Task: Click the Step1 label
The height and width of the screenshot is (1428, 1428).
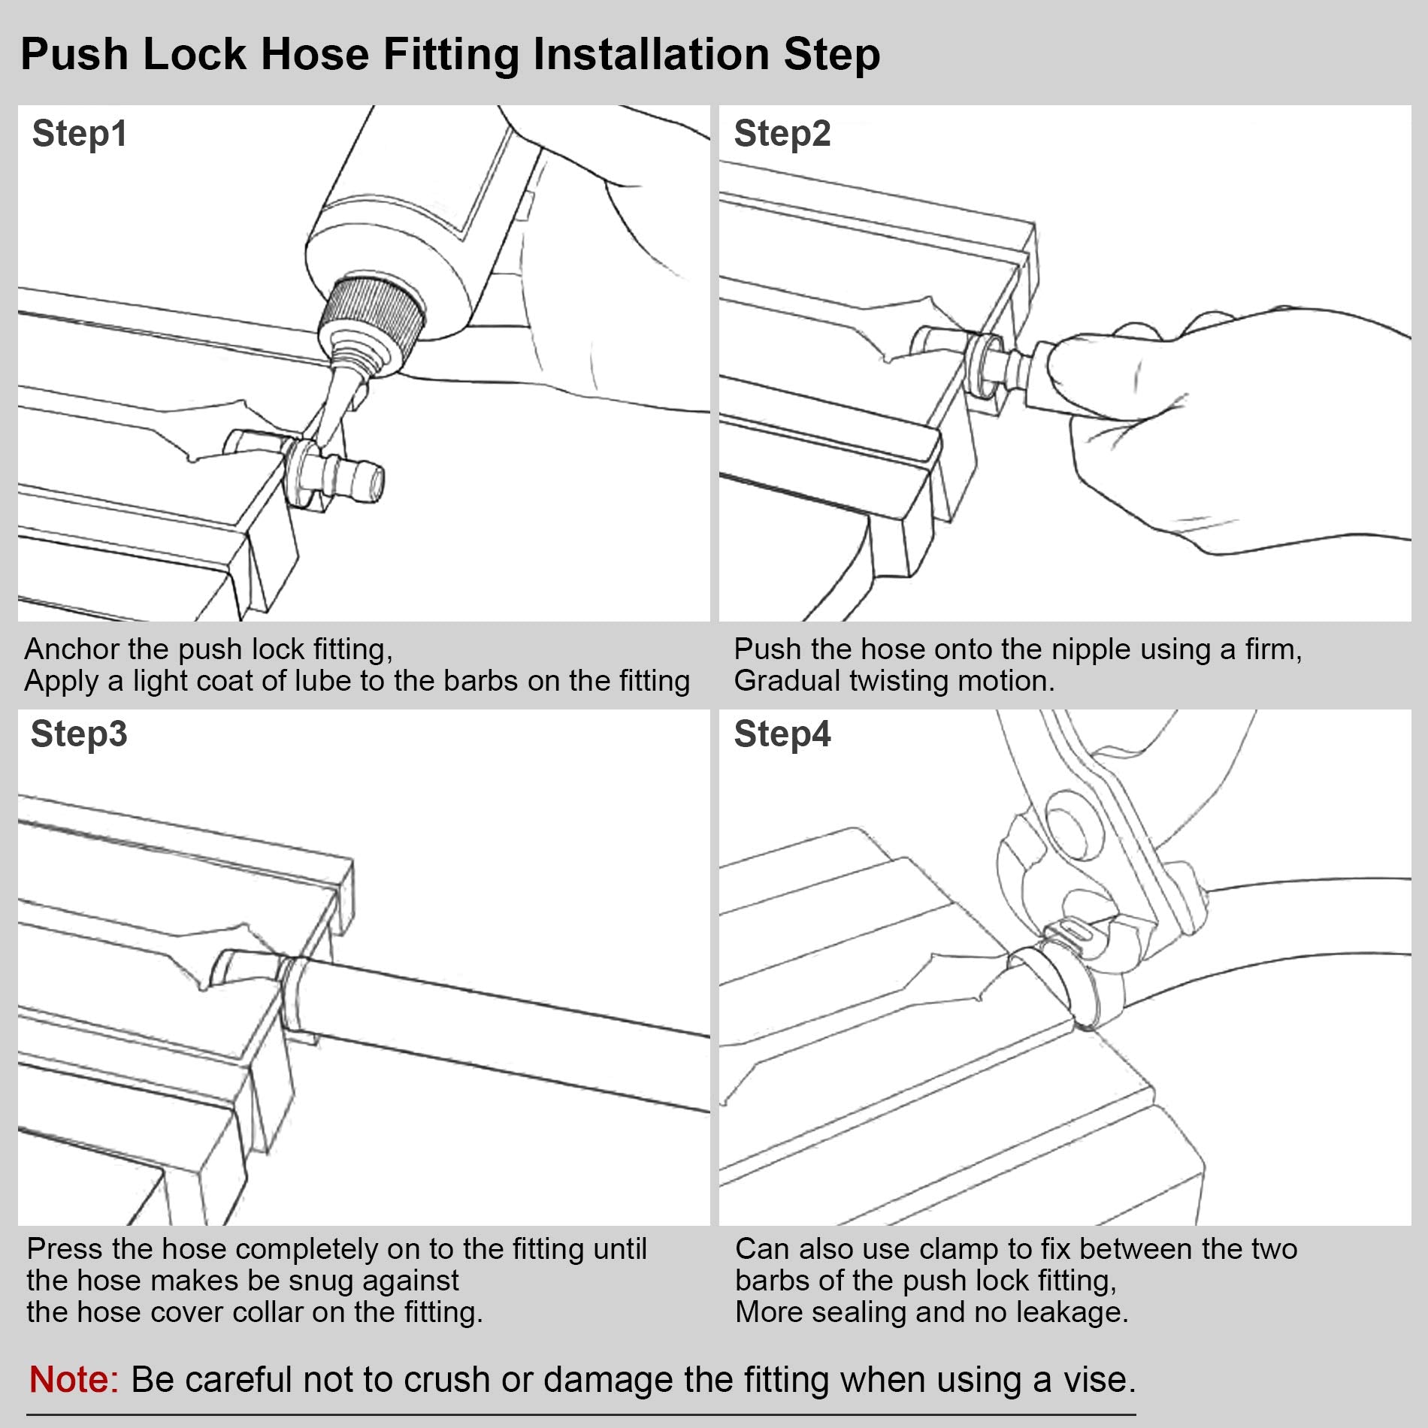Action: (x=80, y=135)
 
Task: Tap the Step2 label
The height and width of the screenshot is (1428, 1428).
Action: (x=782, y=135)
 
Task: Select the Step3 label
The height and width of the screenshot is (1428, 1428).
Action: (x=79, y=734)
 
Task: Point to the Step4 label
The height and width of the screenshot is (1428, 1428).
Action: (x=782, y=734)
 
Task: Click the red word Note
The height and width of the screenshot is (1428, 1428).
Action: (x=74, y=1379)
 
